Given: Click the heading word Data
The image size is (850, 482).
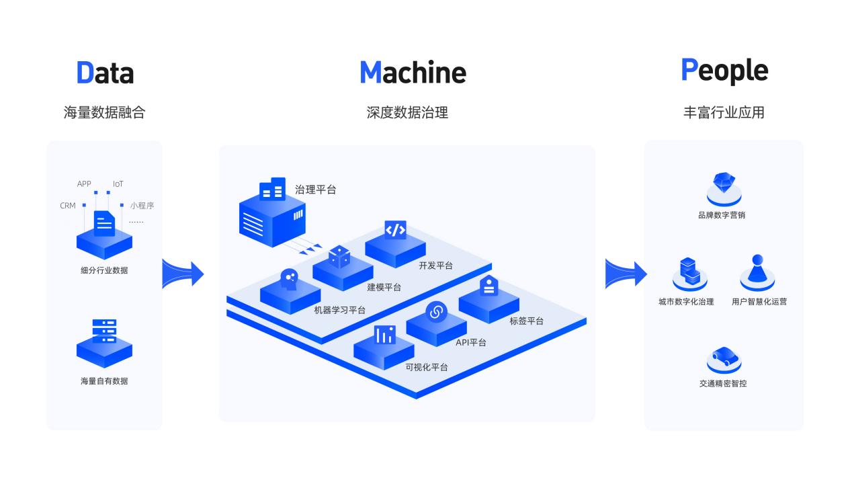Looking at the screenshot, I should tap(105, 73).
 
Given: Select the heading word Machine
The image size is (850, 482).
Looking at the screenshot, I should tap(413, 73).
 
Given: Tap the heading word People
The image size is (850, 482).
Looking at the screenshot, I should tap(724, 71).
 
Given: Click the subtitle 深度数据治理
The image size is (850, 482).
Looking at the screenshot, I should tap(407, 112).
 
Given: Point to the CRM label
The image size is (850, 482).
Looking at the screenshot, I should tap(68, 206).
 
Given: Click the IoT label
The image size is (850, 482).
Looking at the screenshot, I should tap(118, 184).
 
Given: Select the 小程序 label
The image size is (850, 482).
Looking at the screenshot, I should tap(142, 206).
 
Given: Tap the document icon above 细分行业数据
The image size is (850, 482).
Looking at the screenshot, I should tap(104, 223).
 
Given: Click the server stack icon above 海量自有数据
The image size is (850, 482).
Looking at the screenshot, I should tap(104, 331).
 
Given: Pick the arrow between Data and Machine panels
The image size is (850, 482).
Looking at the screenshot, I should tap(182, 274).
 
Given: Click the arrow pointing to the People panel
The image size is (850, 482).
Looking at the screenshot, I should tap(625, 274).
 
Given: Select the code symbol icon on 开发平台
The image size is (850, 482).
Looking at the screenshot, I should tap(395, 230).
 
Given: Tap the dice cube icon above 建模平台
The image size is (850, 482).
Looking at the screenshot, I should tap(339, 256).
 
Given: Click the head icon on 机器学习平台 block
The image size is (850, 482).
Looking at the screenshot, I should tap(289, 279).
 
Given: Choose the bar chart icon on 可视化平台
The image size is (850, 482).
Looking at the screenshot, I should tap(385, 334).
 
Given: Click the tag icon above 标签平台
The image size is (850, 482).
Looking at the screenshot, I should tap(488, 285).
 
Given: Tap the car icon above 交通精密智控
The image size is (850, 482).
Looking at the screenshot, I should tap(724, 356).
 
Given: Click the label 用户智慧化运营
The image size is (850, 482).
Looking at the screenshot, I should tap(759, 302).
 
